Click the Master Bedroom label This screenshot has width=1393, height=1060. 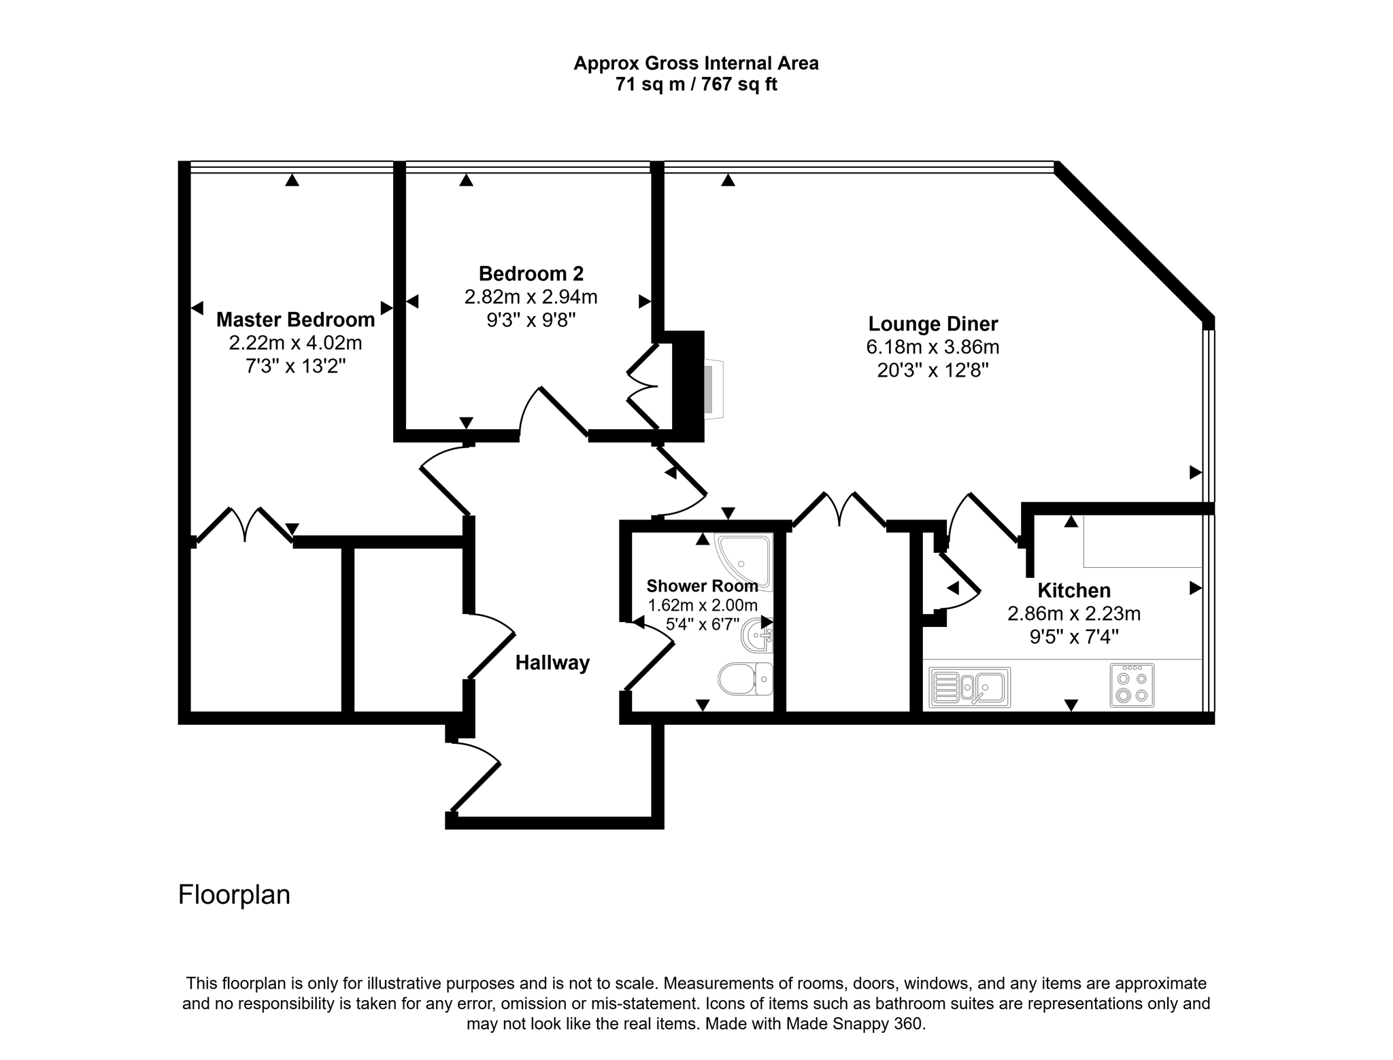295,320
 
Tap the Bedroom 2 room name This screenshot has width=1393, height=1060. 531,274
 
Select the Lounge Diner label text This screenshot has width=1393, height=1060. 933,324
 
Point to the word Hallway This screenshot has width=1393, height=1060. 552,663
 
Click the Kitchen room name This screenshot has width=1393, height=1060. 1073,590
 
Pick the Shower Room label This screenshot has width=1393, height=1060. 701,586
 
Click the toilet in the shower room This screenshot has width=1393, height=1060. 743,679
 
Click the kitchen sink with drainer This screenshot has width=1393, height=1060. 969,687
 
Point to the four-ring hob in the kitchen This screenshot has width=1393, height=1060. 1132,685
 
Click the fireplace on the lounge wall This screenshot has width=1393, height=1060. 711,389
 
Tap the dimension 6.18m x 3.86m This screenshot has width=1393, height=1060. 932,347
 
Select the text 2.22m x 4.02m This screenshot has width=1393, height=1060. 295,343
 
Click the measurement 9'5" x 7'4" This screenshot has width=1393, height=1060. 1073,636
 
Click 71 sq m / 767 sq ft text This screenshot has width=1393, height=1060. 696,84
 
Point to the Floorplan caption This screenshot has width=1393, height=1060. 234,895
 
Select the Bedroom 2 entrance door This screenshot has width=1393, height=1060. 554,412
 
